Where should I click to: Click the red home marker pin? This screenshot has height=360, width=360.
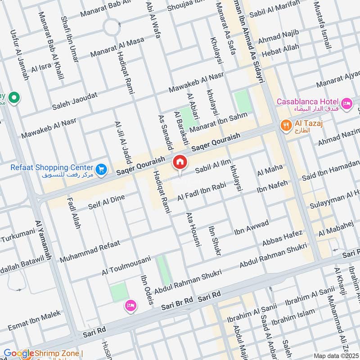pyautogui.click(x=180, y=162)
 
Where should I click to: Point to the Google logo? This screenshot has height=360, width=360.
pyautogui.click(x=18, y=354)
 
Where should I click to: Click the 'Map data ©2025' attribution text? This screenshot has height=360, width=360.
pyautogui.click(x=336, y=355)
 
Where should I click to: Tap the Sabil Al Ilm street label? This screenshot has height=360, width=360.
pyautogui.click(x=214, y=167)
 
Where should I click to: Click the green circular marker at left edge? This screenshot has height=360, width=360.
pyautogui.click(x=14, y=97)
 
